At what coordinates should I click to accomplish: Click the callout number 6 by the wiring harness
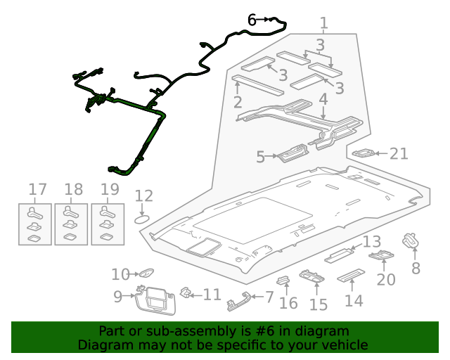[252, 20]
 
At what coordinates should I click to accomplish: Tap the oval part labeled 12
[143, 219]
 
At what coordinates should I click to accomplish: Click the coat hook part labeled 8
[411, 241]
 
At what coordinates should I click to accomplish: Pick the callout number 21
[399, 153]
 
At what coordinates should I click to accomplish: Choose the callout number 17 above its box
[37, 189]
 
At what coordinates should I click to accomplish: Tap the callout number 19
[109, 189]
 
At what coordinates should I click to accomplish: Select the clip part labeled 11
[188, 292]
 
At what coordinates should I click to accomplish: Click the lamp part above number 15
[313, 277]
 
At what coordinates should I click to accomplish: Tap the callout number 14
[354, 300]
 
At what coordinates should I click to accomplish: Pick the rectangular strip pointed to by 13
[343, 253]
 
